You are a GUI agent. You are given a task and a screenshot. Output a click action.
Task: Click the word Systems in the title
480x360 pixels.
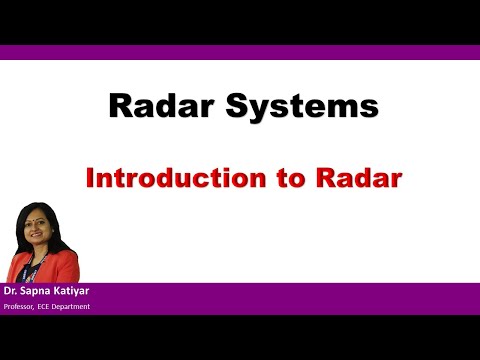[290, 106]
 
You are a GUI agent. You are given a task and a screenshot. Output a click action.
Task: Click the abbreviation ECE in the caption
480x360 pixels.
[52, 306]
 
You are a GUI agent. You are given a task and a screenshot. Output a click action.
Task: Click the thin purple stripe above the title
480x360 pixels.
[240, 52]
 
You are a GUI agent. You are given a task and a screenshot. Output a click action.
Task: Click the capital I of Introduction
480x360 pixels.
[90, 179]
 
